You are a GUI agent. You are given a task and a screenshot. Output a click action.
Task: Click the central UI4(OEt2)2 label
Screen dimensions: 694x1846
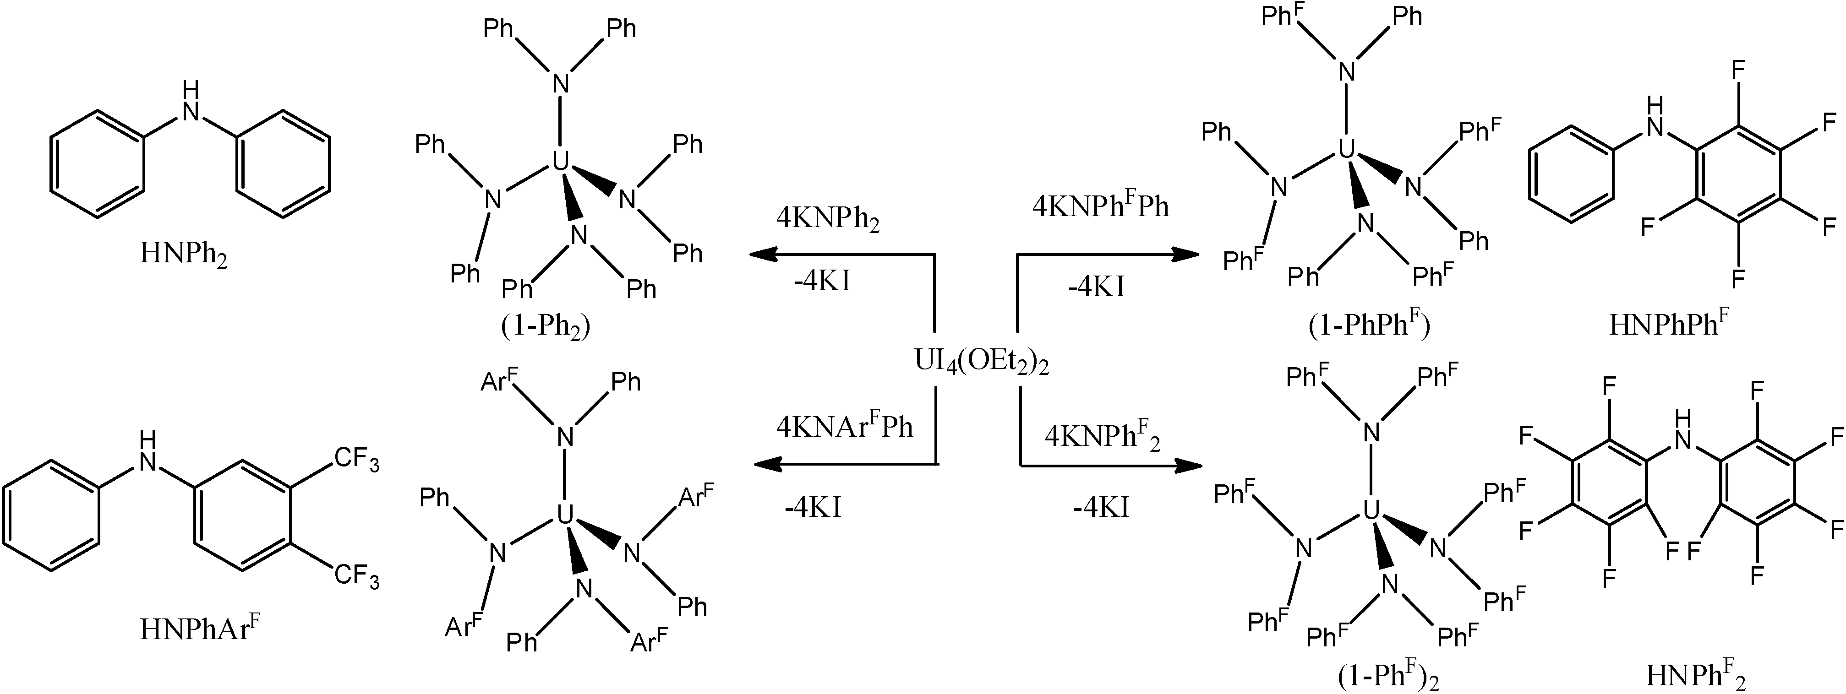pos(982,361)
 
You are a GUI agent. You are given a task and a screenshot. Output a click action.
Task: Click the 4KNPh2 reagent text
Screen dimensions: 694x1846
pos(828,220)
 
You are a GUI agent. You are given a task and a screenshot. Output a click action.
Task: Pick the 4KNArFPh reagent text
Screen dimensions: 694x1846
pos(844,426)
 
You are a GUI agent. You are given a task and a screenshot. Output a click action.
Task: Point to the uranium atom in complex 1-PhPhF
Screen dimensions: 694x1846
pos(1347,148)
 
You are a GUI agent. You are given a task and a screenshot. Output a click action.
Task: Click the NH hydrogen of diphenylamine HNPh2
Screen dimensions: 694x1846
pos(190,89)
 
